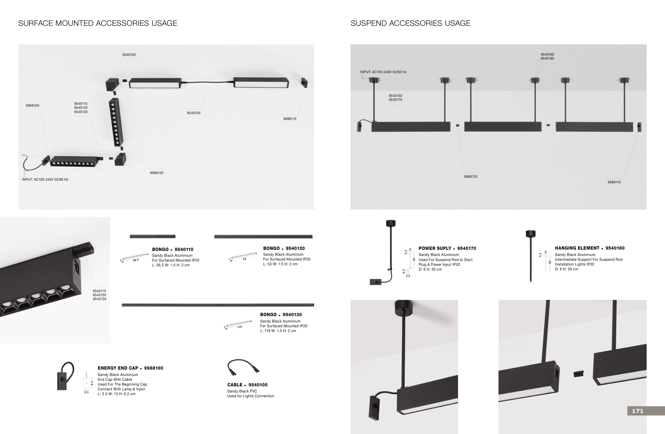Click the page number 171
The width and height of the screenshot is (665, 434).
point(638,411)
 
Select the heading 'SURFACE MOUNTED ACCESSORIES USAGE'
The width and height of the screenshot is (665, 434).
point(98,23)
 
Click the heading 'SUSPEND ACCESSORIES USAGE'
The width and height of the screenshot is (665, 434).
point(410,23)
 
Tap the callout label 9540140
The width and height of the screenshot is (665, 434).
point(129,55)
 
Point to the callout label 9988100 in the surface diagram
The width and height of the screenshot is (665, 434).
point(32,106)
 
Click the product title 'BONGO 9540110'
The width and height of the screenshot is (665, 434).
point(173,249)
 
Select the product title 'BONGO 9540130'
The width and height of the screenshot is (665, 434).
point(281,315)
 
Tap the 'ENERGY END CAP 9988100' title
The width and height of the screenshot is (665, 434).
point(131,368)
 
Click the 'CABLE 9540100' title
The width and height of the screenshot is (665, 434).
point(247,385)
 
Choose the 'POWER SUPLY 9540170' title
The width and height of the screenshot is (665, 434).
point(447,248)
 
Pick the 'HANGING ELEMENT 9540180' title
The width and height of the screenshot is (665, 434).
point(589,248)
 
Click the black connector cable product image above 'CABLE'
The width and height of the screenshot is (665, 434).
point(243,367)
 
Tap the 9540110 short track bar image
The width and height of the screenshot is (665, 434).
point(153,236)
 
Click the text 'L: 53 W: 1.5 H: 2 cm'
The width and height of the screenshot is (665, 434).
point(280,264)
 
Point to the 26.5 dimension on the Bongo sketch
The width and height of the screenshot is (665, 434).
point(136,260)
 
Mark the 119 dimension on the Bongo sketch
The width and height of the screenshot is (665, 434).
point(239,327)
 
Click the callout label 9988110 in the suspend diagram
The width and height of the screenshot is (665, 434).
point(614,182)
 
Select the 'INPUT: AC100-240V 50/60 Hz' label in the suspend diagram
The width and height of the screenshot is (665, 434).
point(383,72)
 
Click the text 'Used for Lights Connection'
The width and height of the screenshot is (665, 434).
point(251,396)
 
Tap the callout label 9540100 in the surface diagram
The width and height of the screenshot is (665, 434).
point(194,113)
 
